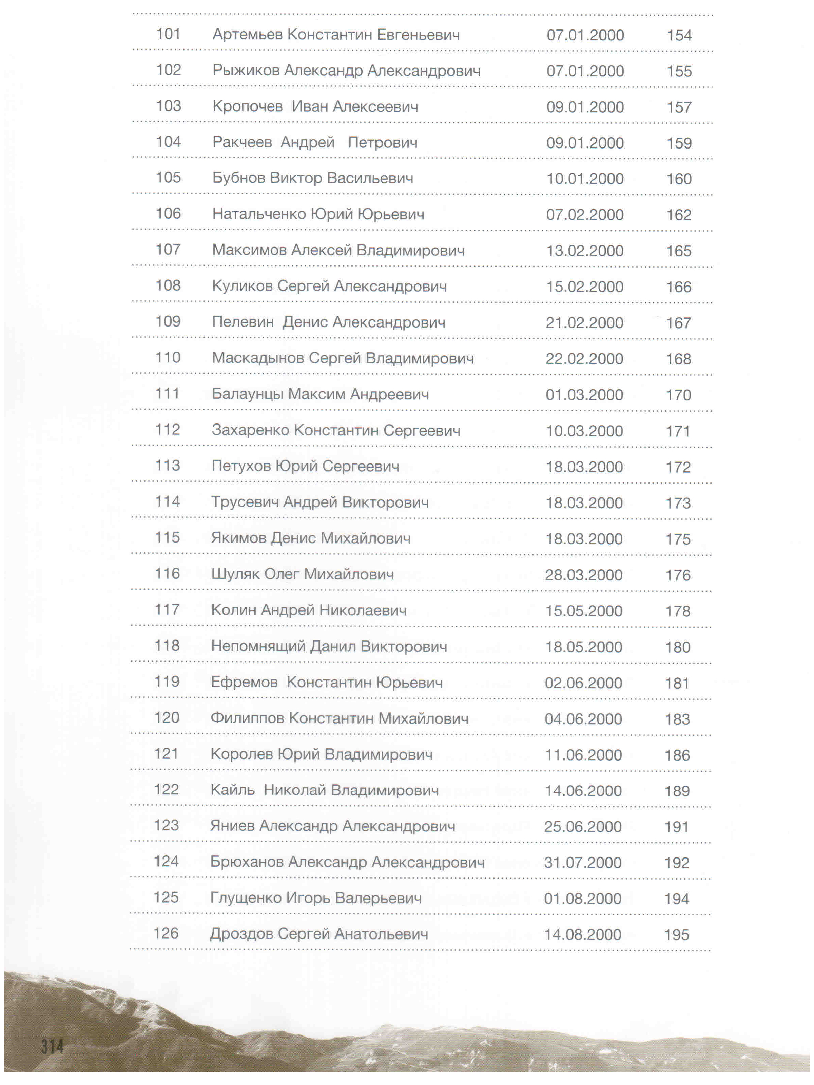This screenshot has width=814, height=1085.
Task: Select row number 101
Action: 168,34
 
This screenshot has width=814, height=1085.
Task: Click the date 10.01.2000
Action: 585,179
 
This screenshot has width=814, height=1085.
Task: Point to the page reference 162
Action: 679,215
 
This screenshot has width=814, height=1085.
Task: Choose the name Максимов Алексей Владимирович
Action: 338,250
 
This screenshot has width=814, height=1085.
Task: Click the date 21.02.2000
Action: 584,323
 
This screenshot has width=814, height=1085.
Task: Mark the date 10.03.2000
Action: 584,431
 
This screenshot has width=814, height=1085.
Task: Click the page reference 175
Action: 678,539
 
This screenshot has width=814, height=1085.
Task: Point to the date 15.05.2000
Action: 584,611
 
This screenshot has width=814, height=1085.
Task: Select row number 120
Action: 167,717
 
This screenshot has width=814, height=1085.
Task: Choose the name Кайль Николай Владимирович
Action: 324,790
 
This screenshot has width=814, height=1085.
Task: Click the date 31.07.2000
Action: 583,862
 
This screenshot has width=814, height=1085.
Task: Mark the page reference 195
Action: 677,935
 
